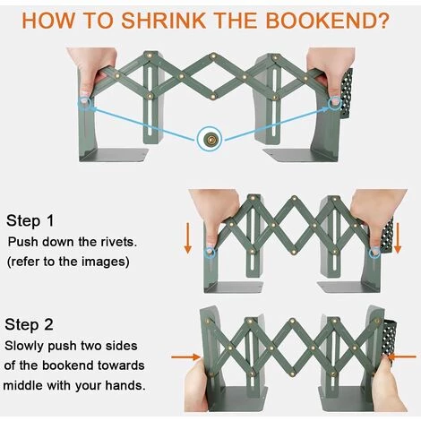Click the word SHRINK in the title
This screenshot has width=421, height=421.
point(163,20)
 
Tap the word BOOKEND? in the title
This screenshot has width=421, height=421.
point(328,20)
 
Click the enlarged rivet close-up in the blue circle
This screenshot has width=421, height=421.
point(210,139)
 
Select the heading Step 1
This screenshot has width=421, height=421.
point(30,220)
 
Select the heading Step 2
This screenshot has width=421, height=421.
point(29,324)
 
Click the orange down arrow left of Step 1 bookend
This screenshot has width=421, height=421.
point(187,238)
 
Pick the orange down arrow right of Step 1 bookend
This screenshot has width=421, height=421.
point(398,238)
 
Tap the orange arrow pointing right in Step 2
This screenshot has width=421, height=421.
point(186,357)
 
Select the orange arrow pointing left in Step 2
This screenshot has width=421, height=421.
point(401,357)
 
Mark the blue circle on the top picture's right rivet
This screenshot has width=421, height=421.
point(335,103)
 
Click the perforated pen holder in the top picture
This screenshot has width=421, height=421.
point(346,94)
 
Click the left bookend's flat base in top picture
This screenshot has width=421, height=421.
point(115,155)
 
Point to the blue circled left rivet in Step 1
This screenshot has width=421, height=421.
point(210,253)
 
